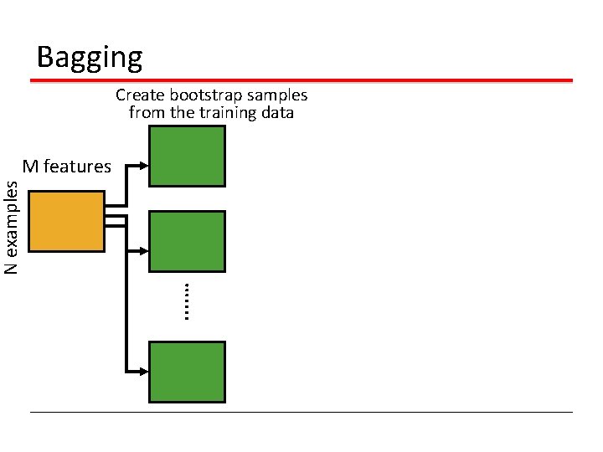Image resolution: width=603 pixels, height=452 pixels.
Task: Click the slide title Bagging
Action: coord(90,58)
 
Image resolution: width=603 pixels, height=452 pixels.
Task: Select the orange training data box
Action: coord(66,221)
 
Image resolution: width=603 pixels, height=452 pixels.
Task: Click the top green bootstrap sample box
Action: coord(187,156)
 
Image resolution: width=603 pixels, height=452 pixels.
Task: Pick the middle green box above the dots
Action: coord(187,241)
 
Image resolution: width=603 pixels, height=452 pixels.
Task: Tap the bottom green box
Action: coord(187,372)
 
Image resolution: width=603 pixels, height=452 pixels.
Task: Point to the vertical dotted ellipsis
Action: coord(187,301)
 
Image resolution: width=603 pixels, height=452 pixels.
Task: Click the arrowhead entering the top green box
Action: coord(144,166)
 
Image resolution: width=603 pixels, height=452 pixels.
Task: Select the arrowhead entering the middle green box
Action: coord(144,251)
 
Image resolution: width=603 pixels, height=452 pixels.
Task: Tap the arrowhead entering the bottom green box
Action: coord(144,372)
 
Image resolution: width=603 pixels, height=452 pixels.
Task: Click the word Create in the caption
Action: coord(140,95)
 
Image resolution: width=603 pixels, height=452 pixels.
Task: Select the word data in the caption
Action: coord(278,113)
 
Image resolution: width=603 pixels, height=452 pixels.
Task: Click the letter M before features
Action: coord(30,167)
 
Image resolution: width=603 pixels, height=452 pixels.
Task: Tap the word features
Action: coord(77,167)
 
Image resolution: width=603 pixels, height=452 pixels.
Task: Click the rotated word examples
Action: coord(12,219)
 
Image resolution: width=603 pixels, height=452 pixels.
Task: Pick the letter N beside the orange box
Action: coord(11,269)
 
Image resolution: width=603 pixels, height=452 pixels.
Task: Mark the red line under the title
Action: coord(301,80)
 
